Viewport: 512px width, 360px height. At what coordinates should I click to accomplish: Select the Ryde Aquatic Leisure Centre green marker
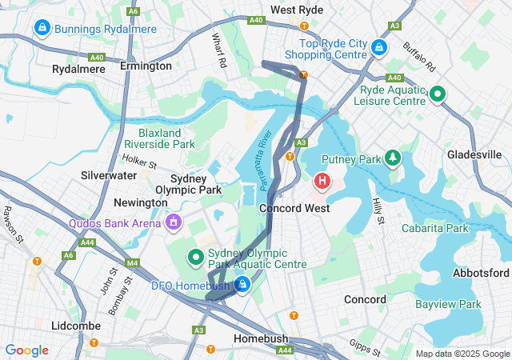[438, 94]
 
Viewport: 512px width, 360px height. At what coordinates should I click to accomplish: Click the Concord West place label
[294, 208]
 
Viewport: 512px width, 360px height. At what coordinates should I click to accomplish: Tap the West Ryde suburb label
[297, 10]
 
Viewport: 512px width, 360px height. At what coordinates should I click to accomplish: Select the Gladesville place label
[474, 154]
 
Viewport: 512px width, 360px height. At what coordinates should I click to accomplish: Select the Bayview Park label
[448, 304]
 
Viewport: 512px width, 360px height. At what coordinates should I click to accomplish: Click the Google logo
[27, 350]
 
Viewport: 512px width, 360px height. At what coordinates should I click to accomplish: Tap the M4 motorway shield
[132, 262]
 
